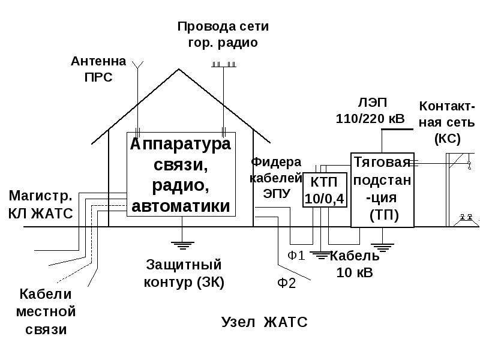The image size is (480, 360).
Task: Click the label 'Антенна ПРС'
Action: click(98, 69)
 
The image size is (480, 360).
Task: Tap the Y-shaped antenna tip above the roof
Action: click(138, 65)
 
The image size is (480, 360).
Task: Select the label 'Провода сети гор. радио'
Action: click(223, 34)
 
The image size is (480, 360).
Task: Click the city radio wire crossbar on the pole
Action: click(224, 65)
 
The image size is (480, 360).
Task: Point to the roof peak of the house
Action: click(178, 70)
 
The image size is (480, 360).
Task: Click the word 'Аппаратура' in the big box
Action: click(181, 144)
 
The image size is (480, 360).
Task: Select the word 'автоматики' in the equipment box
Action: click(181, 206)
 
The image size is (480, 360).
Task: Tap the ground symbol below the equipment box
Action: click(182, 245)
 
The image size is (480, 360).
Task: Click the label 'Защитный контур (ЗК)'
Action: click(184, 274)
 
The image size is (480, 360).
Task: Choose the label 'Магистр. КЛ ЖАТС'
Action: click(41, 205)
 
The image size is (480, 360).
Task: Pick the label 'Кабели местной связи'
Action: click(46, 311)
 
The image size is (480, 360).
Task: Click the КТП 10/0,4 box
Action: click(325, 190)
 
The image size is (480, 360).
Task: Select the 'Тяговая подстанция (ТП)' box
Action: click(382, 190)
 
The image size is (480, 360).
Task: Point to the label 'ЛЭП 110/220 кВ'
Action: click(371, 110)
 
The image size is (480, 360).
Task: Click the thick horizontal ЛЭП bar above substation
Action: click(397, 129)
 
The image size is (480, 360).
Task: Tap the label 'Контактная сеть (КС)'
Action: click(447, 122)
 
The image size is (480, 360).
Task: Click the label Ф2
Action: click(287, 283)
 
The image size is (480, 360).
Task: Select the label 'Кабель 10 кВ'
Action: click(355, 264)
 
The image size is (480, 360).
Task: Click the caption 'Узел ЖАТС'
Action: click(264, 322)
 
